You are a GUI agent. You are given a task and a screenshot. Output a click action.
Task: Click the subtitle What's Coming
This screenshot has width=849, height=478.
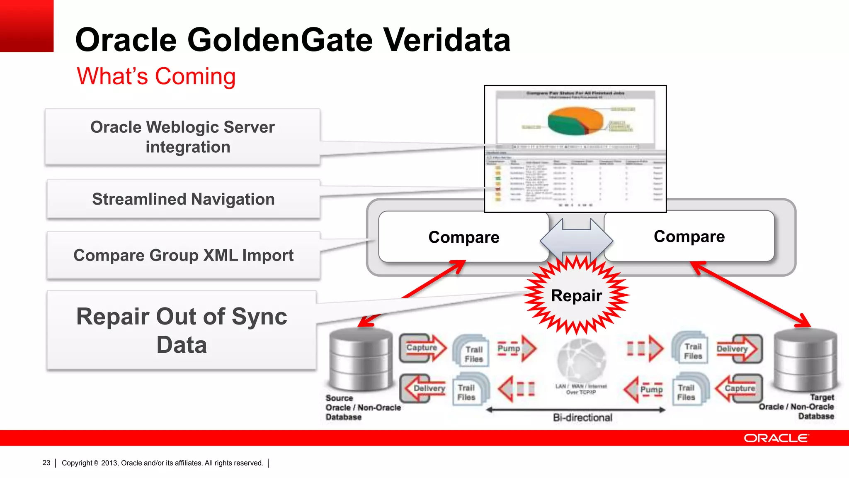coord(156,76)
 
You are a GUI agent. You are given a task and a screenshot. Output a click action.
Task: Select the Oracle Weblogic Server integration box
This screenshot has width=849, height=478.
coord(182,137)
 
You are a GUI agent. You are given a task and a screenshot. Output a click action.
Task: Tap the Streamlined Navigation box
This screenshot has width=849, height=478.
coord(183,199)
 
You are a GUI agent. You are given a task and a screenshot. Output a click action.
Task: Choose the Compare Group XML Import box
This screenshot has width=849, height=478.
coord(183,255)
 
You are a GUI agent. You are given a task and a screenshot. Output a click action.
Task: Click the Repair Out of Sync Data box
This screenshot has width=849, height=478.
coord(182,330)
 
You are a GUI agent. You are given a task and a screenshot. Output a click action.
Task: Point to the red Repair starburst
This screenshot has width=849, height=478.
coord(576,295)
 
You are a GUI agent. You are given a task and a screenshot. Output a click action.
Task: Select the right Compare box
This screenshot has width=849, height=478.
coord(689,237)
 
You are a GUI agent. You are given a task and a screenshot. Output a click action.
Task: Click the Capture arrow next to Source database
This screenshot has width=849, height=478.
coord(422,348)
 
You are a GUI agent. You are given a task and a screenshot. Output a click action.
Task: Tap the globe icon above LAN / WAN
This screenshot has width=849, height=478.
coord(581,359)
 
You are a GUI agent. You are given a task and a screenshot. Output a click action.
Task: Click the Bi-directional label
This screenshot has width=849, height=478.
coord(582,417)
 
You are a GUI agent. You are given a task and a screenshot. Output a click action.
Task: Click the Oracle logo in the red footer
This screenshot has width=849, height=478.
coord(776,438)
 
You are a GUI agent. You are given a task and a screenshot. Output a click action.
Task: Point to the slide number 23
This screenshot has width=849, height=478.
coord(46,463)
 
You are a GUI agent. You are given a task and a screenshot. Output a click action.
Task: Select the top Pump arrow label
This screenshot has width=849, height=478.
coord(509,349)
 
